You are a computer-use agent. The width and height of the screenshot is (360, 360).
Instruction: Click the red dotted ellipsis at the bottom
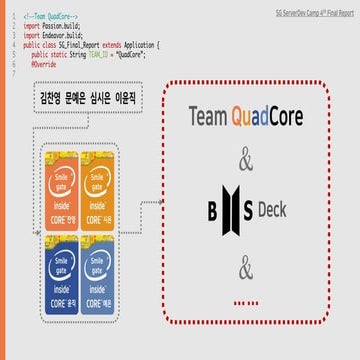[x=246, y=272]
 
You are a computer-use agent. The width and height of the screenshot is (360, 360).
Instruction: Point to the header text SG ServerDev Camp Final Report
[x=310, y=7]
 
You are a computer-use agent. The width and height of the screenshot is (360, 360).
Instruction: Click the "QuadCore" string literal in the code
[x=134, y=54]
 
